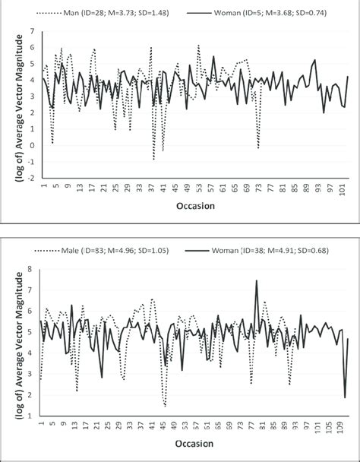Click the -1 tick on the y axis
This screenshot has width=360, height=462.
coord(33,162)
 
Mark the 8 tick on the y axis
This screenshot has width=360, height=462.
coord(31,268)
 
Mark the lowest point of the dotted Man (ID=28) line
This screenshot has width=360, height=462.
coord(153,160)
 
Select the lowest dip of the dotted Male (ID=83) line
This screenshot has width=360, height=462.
coord(165,407)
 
